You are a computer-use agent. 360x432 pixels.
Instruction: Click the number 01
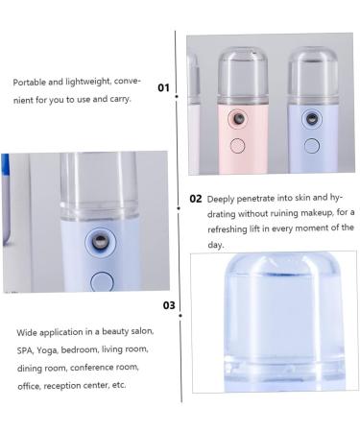coord(163,88)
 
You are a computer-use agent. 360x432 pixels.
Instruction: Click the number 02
coord(196,200)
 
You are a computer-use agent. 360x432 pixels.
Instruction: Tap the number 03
coord(169,306)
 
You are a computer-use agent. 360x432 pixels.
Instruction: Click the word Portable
coord(30,83)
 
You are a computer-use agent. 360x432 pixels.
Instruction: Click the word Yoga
coord(54,348)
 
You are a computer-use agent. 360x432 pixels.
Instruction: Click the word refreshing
coord(233,228)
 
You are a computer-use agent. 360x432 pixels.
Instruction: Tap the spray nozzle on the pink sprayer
coord(233,119)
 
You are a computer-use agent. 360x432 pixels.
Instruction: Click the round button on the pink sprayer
coord(236,145)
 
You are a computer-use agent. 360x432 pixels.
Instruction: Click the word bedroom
coord(92,348)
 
